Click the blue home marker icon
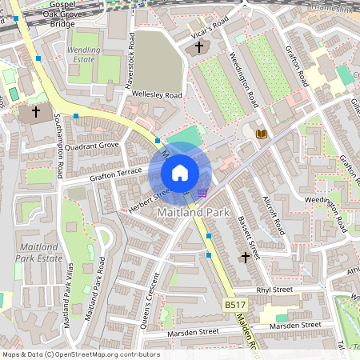click(x=180, y=173)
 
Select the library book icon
click(x=261, y=133)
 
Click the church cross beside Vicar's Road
click(x=199, y=47)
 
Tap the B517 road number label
click(x=233, y=306)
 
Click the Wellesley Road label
click(x=158, y=95)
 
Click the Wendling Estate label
click(x=84, y=54)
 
